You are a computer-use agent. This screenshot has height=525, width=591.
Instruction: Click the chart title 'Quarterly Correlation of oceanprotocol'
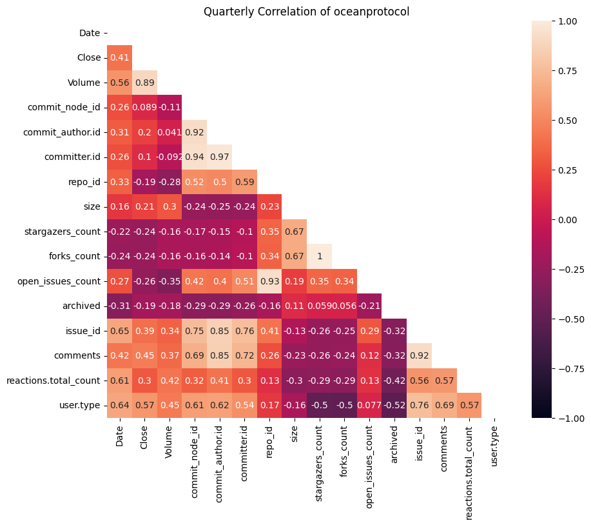[x=306, y=12]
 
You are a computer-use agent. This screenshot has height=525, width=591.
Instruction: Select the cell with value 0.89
[x=144, y=83]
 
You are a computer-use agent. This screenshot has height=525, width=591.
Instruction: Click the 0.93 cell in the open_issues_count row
[x=269, y=281]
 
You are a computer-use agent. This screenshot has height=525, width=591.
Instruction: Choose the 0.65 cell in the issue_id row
[x=119, y=331]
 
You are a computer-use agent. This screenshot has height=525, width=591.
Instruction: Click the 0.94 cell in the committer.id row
[x=195, y=157]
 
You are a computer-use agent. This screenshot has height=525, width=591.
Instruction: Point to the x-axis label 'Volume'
[x=170, y=438]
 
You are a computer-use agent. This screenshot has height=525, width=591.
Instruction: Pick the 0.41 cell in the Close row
[x=119, y=58]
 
